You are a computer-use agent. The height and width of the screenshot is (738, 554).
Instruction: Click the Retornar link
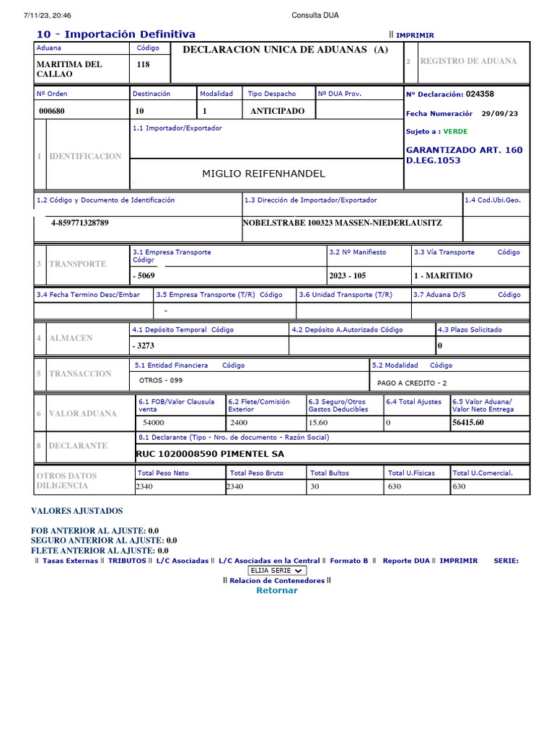(x=276, y=590)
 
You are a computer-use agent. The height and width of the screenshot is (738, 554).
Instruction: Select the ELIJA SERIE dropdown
(x=277, y=570)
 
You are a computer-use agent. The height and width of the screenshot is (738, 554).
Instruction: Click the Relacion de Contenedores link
(x=277, y=580)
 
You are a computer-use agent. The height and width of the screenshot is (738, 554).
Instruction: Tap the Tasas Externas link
(x=70, y=560)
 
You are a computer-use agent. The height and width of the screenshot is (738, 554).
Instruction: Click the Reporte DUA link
(x=406, y=560)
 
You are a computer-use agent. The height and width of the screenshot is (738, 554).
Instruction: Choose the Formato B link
(x=349, y=560)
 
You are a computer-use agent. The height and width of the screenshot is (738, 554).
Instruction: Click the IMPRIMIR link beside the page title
(x=415, y=35)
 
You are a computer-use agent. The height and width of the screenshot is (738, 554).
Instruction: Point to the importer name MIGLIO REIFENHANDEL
(x=263, y=174)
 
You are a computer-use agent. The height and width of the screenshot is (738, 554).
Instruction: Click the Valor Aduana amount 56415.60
(x=467, y=422)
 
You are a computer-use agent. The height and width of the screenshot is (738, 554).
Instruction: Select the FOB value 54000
(x=154, y=422)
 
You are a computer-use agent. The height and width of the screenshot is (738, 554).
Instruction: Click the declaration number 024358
(x=480, y=94)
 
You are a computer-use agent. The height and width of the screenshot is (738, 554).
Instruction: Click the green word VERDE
(x=455, y=132)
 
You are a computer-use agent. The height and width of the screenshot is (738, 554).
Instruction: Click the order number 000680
(x=52, y=111)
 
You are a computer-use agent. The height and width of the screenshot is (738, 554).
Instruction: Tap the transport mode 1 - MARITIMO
(x=443, y=275)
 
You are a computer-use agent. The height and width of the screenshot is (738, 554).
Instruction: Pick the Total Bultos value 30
(x=315, y=486)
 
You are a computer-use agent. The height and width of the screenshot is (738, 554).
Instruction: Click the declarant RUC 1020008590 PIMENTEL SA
(x=210, y=454)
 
